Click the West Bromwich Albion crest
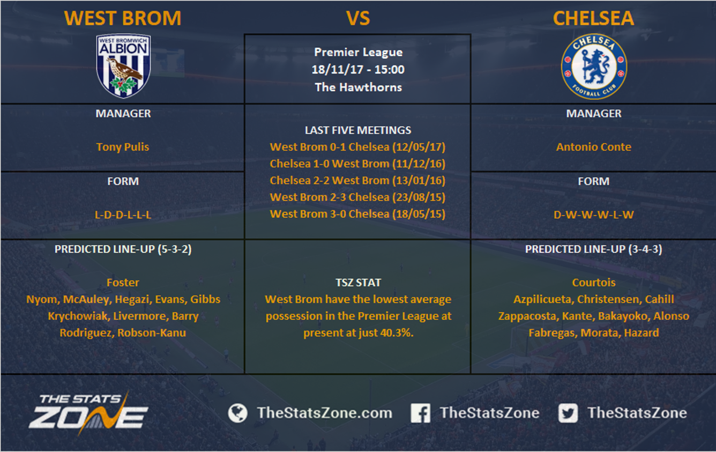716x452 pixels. [x=123, y=65]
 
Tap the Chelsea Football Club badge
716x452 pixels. [x=594, y=66]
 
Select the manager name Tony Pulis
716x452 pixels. [x=123, y=147]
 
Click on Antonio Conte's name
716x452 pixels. [x=594, y=147]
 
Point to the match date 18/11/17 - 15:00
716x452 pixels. [x=358, y=69]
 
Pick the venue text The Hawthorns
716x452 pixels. [x=359, y=87]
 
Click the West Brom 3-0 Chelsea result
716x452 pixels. [x=357, y=214]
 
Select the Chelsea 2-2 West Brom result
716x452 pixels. [x=357, y=180]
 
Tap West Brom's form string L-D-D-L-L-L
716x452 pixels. [x=123, y=214]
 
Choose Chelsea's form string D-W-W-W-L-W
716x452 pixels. [x=594, y=214]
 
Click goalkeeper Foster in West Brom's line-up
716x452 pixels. [x=123, y=283]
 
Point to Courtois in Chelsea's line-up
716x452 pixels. [x=594, y=283]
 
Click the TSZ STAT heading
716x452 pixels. [x=358, y=283]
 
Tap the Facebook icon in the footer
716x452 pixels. [x=420, y=413]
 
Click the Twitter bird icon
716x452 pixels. [x=568, y=413]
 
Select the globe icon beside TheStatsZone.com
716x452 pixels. [x=237, y=413]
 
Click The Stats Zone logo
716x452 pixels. [x=88, y=412]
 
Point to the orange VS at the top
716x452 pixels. [x=358, y=18]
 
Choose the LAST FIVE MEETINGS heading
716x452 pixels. [x=357, y=130]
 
